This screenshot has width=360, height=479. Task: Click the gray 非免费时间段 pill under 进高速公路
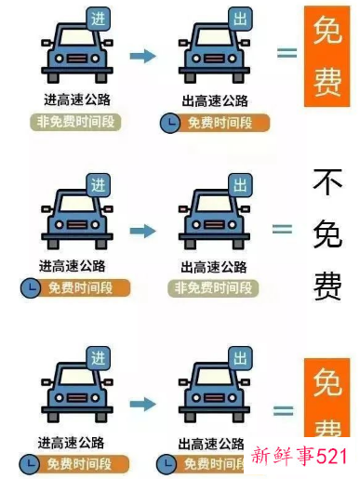click(x=79, y=123)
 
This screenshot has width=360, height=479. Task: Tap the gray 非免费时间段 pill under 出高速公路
click(x=216, y=288)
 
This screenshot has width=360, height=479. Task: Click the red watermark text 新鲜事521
click(x=300, y=457)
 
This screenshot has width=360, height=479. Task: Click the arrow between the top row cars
click(x=142, y=57)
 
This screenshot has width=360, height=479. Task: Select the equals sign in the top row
click(x=287, y=52)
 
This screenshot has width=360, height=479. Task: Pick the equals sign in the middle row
click(x=281, y=229)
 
